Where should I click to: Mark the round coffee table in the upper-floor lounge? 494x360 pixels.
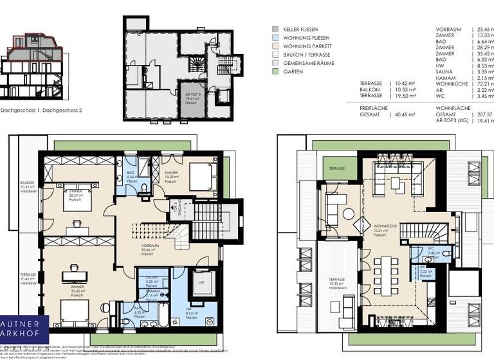pos(348,213)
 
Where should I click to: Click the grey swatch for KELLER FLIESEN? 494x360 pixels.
pos(275,30)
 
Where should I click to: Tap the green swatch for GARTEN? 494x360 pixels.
pos(275,72)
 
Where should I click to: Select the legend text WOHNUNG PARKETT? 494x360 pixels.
pos(308,46)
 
